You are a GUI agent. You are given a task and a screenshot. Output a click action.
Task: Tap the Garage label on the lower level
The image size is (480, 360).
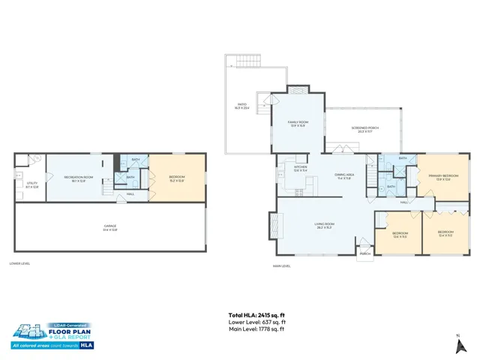point(110,226)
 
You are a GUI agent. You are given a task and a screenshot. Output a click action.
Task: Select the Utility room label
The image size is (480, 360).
point(31,184)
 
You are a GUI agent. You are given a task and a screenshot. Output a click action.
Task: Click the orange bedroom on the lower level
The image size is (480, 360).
point(176,178)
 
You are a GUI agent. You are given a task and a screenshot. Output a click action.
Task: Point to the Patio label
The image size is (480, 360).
point(242,106)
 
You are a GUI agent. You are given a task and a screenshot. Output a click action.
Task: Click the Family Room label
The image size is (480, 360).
point(298,124)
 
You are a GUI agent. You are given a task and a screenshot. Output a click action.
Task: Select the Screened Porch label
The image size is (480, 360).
point(364,130)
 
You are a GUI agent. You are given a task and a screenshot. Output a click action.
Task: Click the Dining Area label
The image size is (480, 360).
point(344,176)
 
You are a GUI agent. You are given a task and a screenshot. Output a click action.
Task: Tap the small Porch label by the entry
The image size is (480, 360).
point(365,253)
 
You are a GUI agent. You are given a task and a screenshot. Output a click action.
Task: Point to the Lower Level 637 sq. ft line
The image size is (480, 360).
point(256,322)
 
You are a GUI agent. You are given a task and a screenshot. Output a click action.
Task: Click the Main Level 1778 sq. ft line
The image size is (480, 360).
point(256,328)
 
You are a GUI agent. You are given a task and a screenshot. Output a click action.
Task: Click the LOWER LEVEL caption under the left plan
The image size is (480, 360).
point(19,264)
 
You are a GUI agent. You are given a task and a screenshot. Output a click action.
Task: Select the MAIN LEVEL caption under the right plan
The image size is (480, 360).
point(283,265)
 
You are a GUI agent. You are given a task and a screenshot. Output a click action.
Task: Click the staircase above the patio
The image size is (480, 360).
point(245,62)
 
